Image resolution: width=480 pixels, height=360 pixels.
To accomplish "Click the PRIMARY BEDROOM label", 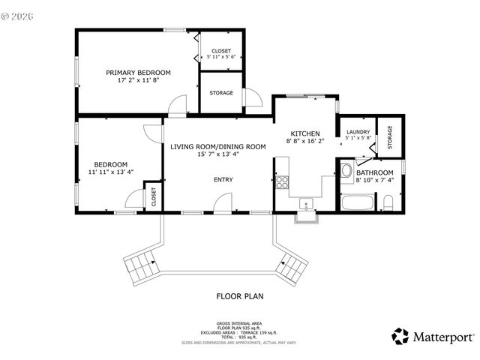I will pyautogui.click(x=138, y=73).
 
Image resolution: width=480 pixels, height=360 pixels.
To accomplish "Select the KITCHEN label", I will pyautogui.click(x=305, y=133).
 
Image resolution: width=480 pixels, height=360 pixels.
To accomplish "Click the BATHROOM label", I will pyautogui.click(x=374, y=172).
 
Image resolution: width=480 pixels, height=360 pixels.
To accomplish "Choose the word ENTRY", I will pyautogui.click(x=223, y=179).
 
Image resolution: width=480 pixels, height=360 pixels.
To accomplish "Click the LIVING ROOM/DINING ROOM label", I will pyautogui.click(x=217, y=146).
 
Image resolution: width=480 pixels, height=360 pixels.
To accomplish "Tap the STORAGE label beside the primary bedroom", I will pyautogui.click(x=221, y=93).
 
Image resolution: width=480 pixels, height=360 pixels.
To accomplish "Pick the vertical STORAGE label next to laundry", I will pyautogui.click(x=389, y=136).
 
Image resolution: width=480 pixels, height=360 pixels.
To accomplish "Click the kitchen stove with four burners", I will pyautogui.click(x=283, y=181).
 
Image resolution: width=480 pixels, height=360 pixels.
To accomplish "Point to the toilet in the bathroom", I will pyautogui.click(x=388, y=202).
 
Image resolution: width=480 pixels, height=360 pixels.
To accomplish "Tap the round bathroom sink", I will pyautogui.click(x=346, y=171).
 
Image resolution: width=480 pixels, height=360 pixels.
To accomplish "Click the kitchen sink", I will pyautogui.click(x=306, y=203).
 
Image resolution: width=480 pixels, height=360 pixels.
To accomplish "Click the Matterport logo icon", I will pyautogui.click(x=400, y=336).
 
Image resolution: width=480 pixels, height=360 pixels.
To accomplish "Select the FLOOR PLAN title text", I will pyautogui.click(x=240, y=296).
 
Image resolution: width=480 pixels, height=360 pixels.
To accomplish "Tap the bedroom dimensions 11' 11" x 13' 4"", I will pyautogui.click(x=110, y=172).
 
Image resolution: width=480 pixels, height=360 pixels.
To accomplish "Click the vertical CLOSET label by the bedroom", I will pyautogui.click(x=154, y=196).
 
